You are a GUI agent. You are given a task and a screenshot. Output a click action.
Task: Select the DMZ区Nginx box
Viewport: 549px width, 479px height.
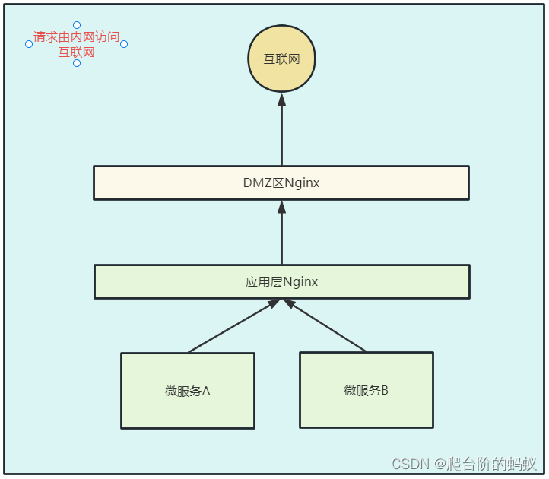(x=281, y=182)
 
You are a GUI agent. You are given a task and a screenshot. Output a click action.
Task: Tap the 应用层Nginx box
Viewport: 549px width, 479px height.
(x=281, y=281)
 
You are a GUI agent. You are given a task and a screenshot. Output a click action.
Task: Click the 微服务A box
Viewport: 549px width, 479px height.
(x=187, y=391)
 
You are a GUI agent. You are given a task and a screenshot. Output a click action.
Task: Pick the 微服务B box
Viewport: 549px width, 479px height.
(x=366, y=389)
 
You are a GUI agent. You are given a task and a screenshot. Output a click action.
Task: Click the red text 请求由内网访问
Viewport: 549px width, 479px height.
(x=76, y=36)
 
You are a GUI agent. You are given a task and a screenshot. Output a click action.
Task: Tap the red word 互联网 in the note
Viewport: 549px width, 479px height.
(x=76, y=52)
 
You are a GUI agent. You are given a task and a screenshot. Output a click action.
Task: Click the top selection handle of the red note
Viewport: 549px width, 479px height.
(x=77, y=25)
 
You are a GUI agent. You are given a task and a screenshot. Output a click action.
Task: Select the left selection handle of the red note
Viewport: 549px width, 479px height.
(x=29, y=44)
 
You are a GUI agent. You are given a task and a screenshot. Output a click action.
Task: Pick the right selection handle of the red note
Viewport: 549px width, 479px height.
(x=124, y=44)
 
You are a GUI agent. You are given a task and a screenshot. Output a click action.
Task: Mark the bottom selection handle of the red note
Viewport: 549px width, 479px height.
(x=77, y=63)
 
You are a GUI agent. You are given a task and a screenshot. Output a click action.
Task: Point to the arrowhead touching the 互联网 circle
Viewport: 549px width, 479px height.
(x=281, y=100)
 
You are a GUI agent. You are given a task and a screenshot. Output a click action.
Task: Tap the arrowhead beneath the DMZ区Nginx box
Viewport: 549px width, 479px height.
(x=281, y=207)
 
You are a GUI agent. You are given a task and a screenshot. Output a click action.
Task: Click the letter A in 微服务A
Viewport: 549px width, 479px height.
(x=205, y=392)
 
